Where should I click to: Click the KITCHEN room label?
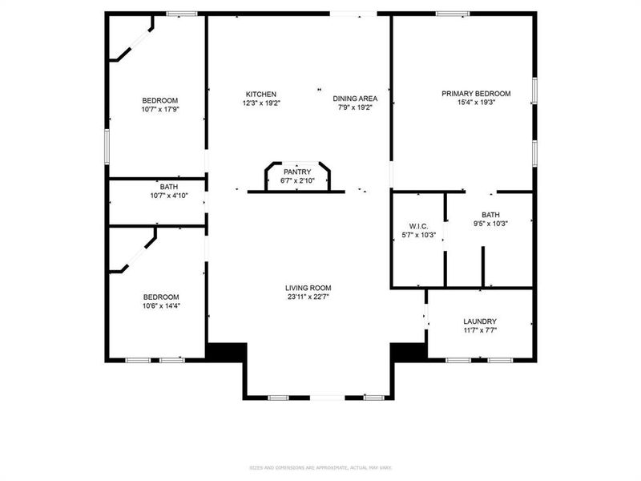tap(261, 94)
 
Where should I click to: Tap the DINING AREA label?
tap(356, 99)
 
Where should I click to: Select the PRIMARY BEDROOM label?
tap(476, 94)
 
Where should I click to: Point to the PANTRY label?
tap(296, 172)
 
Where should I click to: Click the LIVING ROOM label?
tap(308, 288)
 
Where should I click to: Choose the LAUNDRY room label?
tap(480, 321)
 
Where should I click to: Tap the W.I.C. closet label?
tap(418, 225)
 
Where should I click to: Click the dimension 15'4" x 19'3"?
tap(476, 103)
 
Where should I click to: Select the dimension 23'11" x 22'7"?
tap(308, 297)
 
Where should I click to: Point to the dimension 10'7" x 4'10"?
tap(168, 196)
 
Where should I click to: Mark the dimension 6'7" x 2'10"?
tap(296, 180)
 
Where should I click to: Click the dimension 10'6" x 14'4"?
tap(160, 305)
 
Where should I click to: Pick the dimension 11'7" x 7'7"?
tap(480, 330)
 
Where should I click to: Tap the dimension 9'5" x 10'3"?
tap(490, 224)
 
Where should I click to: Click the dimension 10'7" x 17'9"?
tap(159, 109)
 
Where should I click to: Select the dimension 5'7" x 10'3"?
tap(418, 235)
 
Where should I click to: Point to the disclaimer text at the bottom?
tap(320, 467)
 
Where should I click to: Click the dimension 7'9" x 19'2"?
tap(356, 107)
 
